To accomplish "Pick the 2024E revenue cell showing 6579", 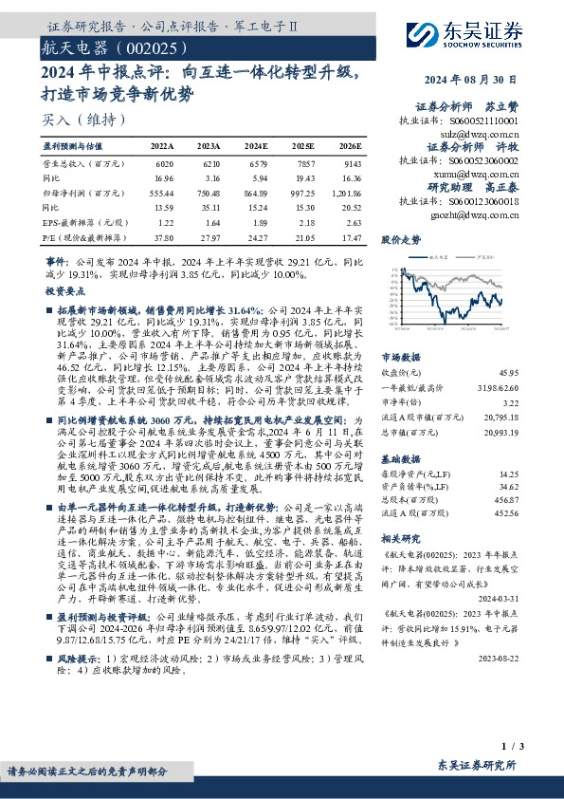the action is tap(257, 163).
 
